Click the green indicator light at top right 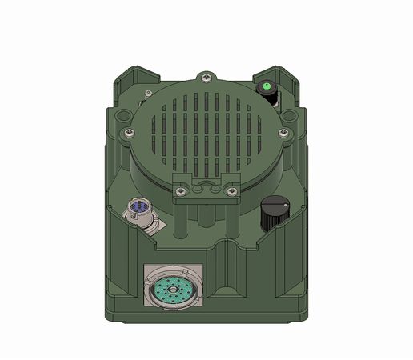(x=265, y=85)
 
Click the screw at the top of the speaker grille (x=206, y=77)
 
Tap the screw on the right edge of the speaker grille (x=284, y=132)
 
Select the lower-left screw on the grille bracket (x=180, y=190)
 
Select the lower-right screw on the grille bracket (x=232, y=190)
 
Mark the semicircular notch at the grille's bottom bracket (x=206, y=186)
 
